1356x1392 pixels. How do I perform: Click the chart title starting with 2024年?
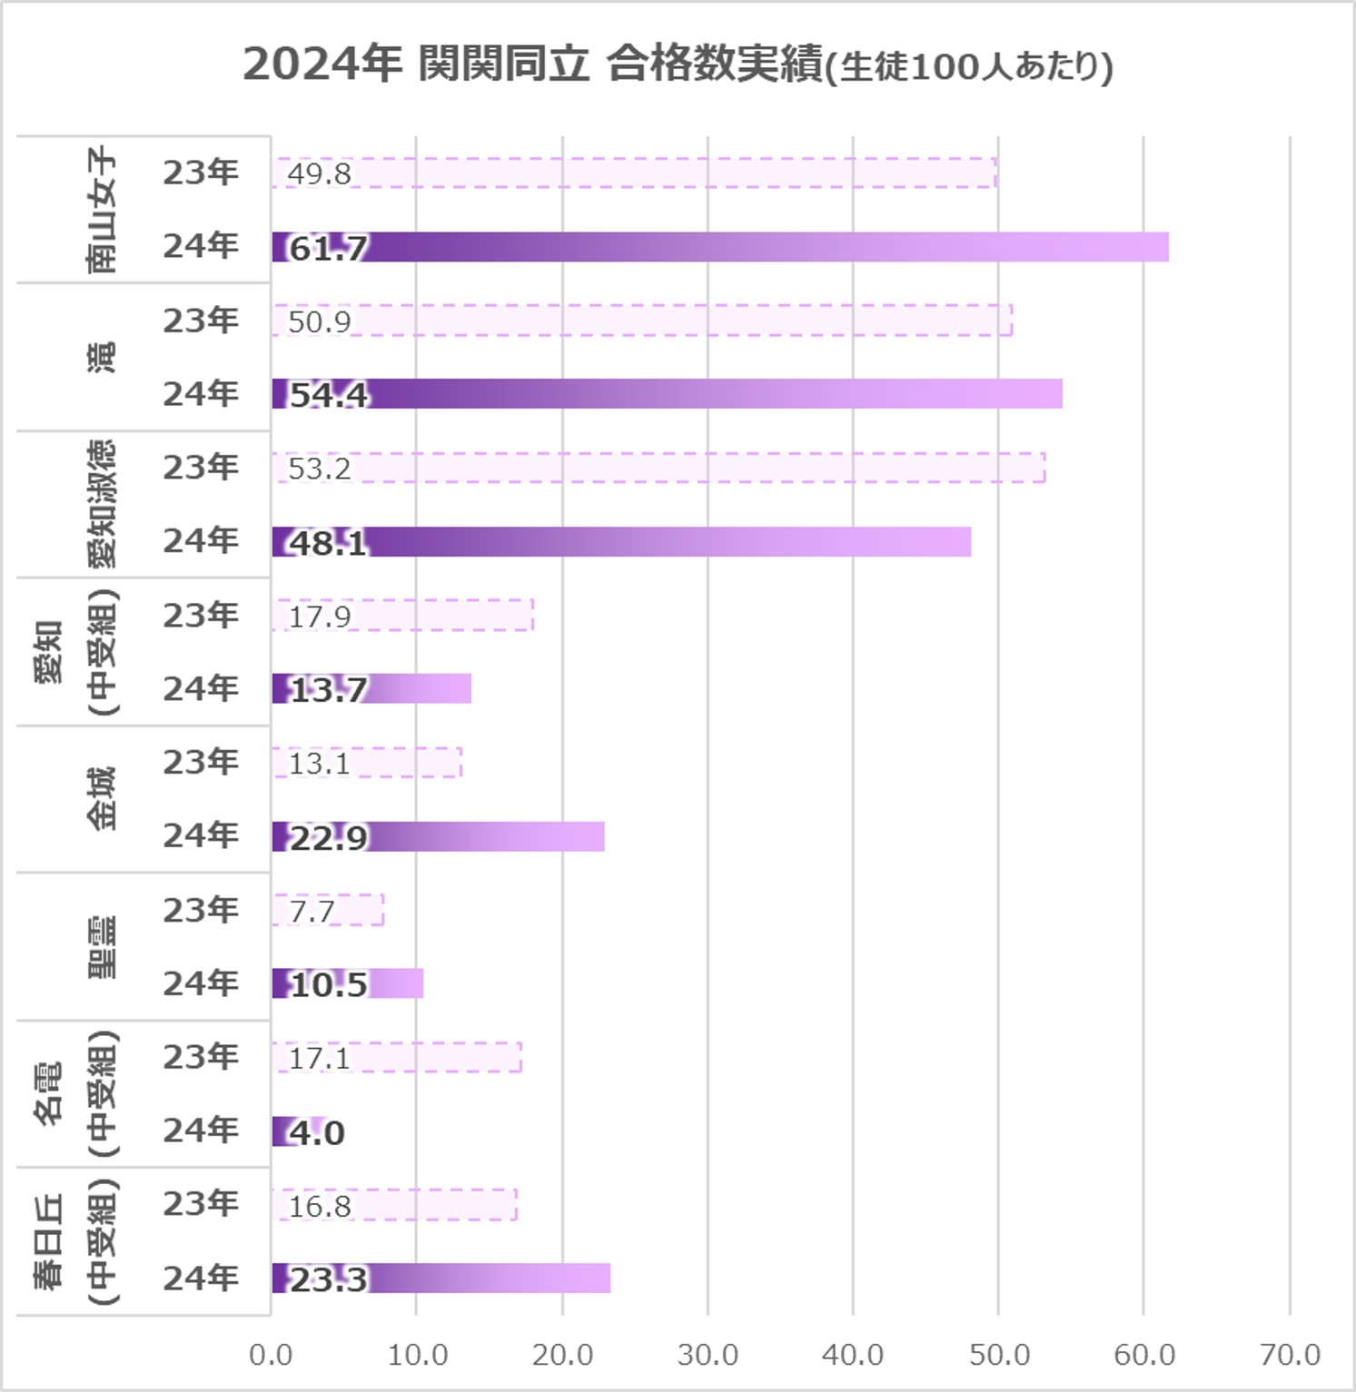678,65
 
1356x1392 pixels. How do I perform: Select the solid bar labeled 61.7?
719,247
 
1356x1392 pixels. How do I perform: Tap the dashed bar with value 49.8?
633,173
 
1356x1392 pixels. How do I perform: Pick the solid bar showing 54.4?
667,394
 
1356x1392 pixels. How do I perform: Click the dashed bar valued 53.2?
658,467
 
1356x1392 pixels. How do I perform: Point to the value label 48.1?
328,543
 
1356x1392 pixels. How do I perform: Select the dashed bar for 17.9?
402,615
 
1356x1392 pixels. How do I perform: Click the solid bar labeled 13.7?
371,689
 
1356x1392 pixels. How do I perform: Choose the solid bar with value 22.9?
438,836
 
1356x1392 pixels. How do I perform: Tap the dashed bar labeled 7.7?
328,910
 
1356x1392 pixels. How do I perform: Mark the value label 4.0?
317,1132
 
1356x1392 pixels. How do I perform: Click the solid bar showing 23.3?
440,1278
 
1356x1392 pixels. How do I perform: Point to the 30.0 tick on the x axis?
708,1355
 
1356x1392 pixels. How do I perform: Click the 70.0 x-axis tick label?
1290,1355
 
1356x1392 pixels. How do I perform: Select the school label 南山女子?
102,210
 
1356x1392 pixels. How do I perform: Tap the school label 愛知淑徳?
102,504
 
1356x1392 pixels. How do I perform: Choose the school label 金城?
102,798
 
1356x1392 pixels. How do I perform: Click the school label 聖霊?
102,946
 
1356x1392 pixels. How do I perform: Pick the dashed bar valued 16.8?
394,1204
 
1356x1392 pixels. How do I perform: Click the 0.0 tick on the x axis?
271,1355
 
